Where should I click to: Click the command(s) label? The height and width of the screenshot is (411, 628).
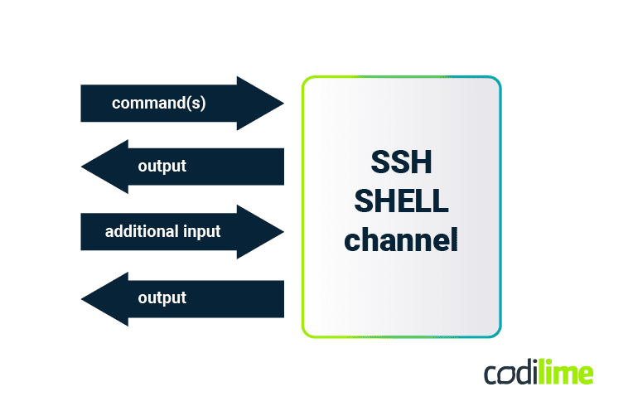pos(158,104)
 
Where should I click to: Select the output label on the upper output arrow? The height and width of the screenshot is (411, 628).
pos(162,167)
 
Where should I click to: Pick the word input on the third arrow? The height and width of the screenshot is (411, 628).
pos(201,231)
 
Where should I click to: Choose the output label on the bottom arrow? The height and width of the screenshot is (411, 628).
pos(162,297)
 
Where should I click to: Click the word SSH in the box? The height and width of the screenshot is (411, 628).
pos(401,162)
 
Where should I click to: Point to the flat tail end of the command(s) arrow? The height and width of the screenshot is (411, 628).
pos(82,104)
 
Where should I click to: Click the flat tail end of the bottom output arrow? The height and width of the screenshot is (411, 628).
pos(283,298)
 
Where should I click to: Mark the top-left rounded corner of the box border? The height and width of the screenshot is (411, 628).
pos(307,81)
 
